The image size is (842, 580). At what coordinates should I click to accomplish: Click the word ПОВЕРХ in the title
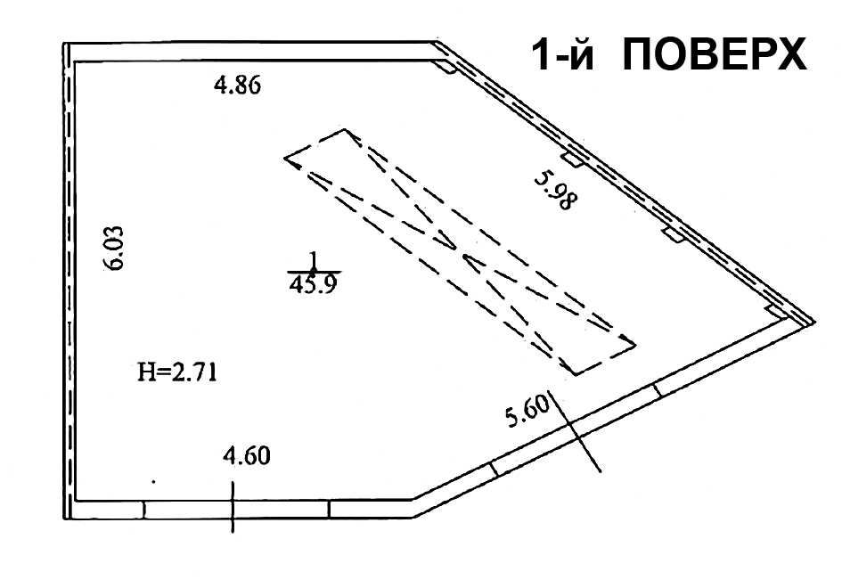(x=715, y=54)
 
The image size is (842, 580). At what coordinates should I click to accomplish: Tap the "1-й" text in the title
(x=563, y=54)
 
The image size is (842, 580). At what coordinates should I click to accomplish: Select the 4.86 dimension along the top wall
(x=237, y=85)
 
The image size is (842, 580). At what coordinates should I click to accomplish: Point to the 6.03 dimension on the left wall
(x=114, y=248)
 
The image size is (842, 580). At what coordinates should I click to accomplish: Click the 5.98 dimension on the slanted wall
(x=556, y=190)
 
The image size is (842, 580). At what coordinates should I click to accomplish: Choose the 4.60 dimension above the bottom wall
(x=247, y=456)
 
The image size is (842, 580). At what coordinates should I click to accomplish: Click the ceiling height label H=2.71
(x=177, y=372)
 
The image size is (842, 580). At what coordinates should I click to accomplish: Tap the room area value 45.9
(x=313, y=284)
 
